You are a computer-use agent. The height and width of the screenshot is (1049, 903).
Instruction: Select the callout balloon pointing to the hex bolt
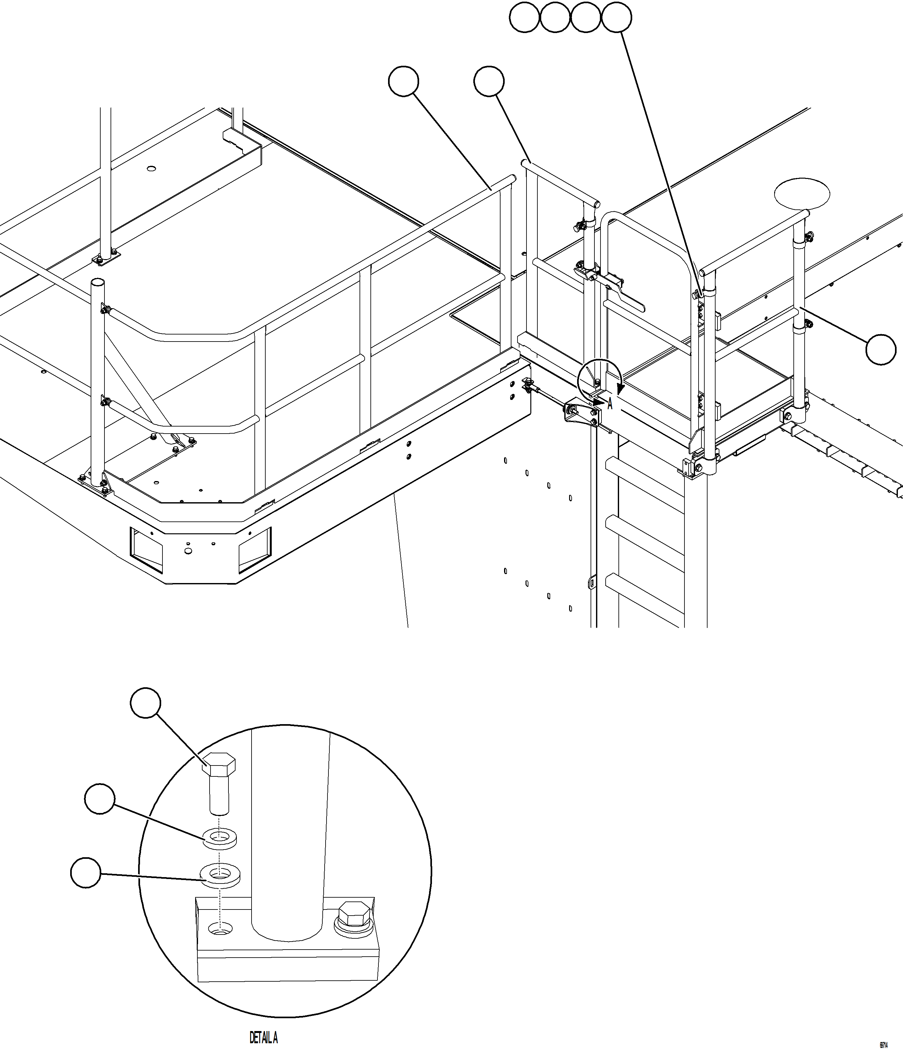(146, 703)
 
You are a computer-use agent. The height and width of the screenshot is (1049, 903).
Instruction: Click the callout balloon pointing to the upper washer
(100, 799)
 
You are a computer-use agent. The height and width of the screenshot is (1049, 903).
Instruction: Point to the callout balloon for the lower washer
(86, 872)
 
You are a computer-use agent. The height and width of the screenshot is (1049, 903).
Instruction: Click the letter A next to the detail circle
(610, 404)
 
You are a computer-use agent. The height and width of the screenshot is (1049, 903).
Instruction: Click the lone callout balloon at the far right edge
(881, 349)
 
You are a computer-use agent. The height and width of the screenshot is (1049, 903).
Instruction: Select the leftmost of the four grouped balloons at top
(525, 18)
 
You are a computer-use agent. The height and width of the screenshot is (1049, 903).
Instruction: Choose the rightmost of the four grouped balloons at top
(617, 18)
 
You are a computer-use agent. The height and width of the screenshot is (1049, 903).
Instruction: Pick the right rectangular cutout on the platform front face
(255, 550)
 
